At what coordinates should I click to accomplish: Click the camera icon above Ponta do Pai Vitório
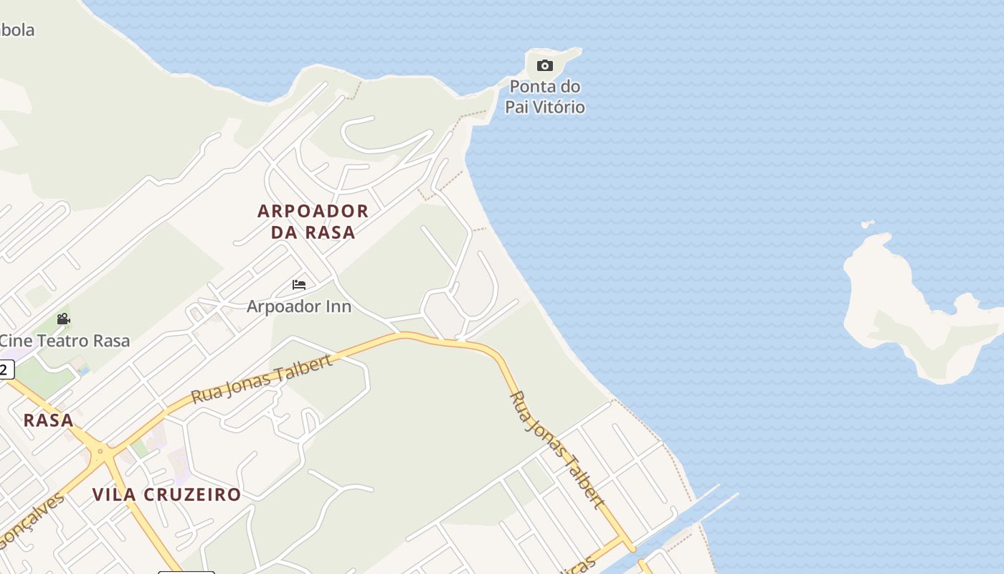pyautogui.click(x=545, y=66)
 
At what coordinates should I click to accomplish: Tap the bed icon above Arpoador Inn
pyautogui.click(x=299, y=285)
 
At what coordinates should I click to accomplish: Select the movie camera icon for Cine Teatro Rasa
pyautogui.click(x=63, y=319)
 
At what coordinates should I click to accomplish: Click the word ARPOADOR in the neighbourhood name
pyautogui.click(x=313, y=211)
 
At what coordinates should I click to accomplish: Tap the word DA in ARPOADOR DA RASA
pyautogui.click(x=285, y=232)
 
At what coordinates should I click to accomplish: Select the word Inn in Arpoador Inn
pyautogui.click(x=336, y=306)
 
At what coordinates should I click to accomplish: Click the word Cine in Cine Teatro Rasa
pyautogui.click(x=14, y=341)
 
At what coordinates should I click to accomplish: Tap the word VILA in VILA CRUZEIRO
pyautogui.click(x=115, y=494)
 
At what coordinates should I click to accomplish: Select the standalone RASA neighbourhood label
pyautogui.click(x=49, y=420)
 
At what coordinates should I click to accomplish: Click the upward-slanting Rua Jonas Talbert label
pyautogui.click(x=262, y=379)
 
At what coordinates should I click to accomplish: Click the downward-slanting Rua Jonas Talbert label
pyautogui.click(x=557, y=450)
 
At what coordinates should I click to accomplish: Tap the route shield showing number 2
pyautogui.click(x=5, y=370)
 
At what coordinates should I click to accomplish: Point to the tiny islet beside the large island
pyautogui.click(x=868, y=225)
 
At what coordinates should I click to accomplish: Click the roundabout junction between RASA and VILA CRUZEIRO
pyautogui.click(x=100, y=452)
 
